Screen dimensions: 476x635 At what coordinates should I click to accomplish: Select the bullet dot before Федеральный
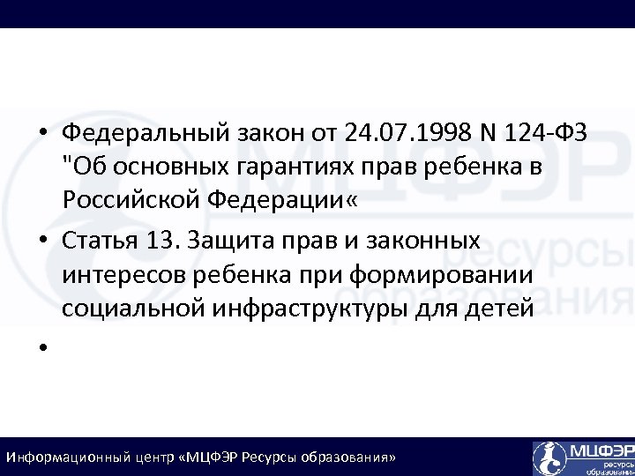[41, 134]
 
